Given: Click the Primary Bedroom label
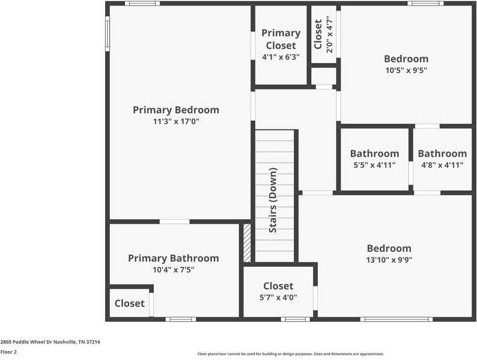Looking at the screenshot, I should tap(175, 110).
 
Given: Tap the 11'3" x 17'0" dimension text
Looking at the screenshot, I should tap(175, 121).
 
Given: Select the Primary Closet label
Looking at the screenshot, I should tap(281, 39).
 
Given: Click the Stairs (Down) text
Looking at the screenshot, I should tap(273, 200).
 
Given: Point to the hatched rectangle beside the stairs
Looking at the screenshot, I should tap(247, 243).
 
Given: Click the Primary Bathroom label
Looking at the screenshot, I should tap(173, 258).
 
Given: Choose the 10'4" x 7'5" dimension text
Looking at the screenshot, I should tap(173, 270).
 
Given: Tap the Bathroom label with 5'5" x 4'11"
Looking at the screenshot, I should tap(374, 153).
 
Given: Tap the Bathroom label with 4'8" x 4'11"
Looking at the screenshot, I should tap(442, 153).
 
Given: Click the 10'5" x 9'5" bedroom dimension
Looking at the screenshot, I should tap(406, 70).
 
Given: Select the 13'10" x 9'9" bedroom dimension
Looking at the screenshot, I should tap(389, 260).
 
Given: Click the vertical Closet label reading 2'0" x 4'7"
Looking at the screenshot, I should tap(318, 34).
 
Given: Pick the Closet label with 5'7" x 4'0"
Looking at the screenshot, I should tap(278, 286).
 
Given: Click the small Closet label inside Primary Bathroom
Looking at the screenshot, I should tap(130, 303).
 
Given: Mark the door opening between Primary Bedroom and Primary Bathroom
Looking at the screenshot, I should tap(175, 221).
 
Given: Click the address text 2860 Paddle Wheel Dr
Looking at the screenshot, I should tap(50, 341).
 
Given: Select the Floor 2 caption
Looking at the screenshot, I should tap(8, 352).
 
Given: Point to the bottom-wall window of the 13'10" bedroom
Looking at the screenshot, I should tap(396, 319).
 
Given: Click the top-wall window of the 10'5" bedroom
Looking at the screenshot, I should tap(425, 4).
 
